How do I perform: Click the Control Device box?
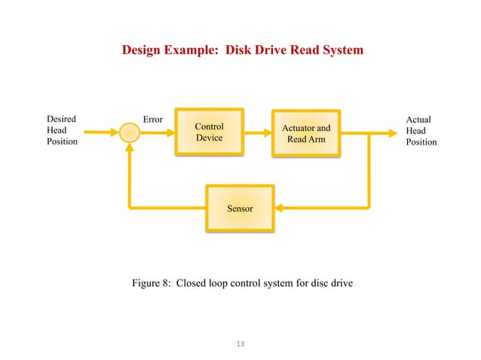click(210, 133)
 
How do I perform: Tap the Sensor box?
click(240, 207)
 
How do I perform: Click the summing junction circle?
click(130, 133)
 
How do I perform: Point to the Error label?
click(154, 120)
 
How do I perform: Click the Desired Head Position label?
click(62, 130)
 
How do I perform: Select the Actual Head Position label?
click(421, 130)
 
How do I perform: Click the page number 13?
click(240, 344)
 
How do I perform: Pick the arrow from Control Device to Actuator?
click(257, 133)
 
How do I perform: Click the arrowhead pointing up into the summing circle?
click(130, 148)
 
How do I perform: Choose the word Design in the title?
click(142, 50)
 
